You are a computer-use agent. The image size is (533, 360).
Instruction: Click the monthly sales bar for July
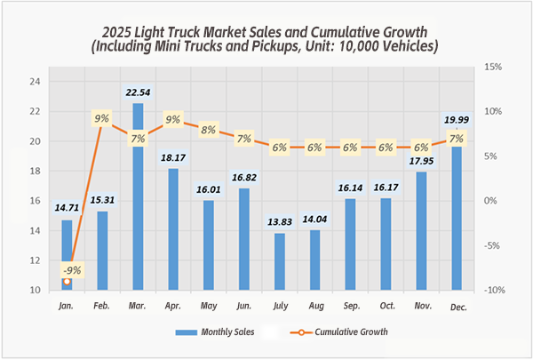coord(280,261)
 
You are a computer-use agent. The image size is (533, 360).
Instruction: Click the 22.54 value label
coord(138,89)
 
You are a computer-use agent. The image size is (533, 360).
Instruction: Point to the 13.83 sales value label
coord(280,220)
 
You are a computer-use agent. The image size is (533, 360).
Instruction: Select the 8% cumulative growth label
coord(209,129)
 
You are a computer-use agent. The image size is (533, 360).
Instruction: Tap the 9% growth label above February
coord(102,118)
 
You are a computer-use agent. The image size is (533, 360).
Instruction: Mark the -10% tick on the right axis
coord(494,290)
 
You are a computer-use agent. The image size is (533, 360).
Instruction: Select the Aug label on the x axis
coord(314,306)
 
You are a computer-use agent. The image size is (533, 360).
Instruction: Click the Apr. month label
coord(173,306)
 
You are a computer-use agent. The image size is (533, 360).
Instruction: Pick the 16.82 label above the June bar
coord(244,175)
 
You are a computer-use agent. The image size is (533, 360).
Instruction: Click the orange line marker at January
coord(67,281)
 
